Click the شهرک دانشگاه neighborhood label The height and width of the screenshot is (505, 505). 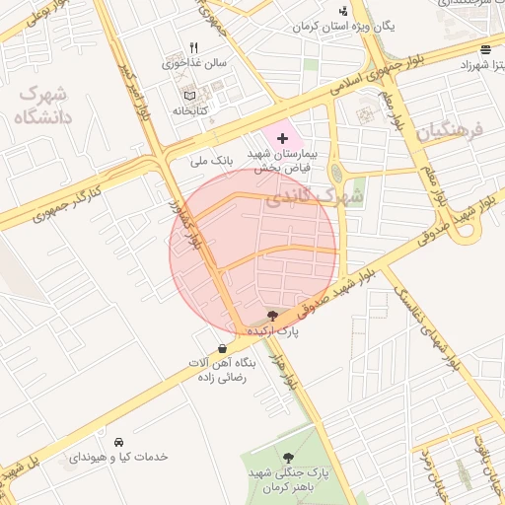40,106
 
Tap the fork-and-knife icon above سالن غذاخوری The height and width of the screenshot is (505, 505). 194,47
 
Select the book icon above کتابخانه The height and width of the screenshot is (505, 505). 189,96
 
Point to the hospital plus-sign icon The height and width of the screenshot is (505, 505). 283,138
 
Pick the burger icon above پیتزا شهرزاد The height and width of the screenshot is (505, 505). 485,48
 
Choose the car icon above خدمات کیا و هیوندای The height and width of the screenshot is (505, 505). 118,441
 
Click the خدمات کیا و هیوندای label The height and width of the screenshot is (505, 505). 118,458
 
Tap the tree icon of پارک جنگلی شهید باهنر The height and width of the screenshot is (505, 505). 288,457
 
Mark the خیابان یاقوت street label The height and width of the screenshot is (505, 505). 490,464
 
